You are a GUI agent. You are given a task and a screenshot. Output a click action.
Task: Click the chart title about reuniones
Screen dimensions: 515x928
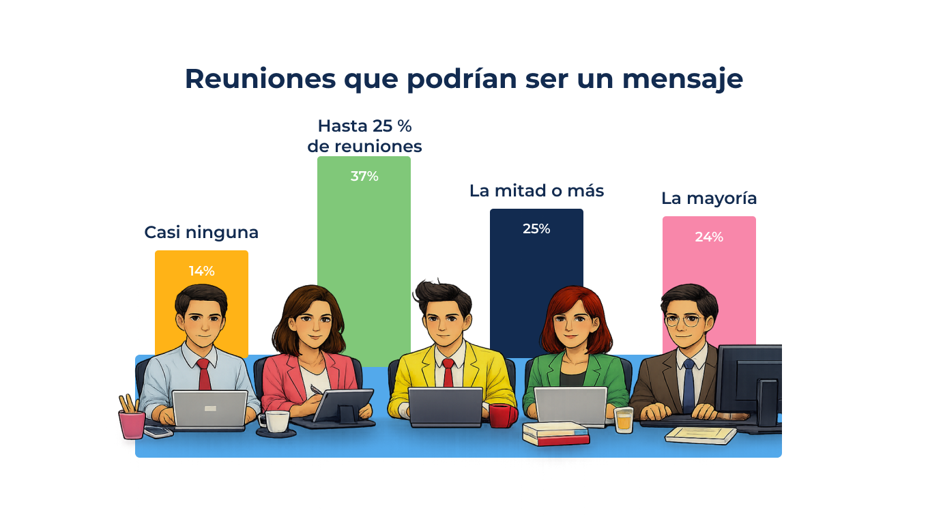463,78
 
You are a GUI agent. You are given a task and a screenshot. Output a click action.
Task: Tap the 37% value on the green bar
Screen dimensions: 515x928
364,176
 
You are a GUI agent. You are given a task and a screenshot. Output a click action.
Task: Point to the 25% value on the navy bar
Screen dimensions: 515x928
536,229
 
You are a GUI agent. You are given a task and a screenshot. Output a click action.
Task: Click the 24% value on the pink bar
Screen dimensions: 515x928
709,237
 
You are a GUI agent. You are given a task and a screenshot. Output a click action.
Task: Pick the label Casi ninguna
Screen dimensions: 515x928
201,233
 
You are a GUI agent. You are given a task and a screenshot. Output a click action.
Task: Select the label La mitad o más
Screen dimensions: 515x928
536,191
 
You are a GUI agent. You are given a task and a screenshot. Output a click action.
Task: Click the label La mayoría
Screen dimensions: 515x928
709,198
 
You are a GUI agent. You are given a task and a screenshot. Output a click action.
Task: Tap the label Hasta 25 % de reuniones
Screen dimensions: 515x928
364,136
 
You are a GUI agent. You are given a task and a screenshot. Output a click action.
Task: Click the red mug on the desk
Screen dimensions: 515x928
500,415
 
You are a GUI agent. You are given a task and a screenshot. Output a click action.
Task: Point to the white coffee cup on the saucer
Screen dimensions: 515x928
276,421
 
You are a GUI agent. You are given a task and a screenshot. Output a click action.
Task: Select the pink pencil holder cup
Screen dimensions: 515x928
132,424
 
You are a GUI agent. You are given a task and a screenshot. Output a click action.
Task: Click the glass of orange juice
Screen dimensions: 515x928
624,420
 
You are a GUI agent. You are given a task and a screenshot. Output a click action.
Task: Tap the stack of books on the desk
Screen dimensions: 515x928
555,434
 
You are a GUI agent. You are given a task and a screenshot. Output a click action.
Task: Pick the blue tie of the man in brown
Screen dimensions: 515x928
688,385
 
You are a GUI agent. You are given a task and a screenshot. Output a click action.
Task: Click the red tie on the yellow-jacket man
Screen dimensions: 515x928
448,372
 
